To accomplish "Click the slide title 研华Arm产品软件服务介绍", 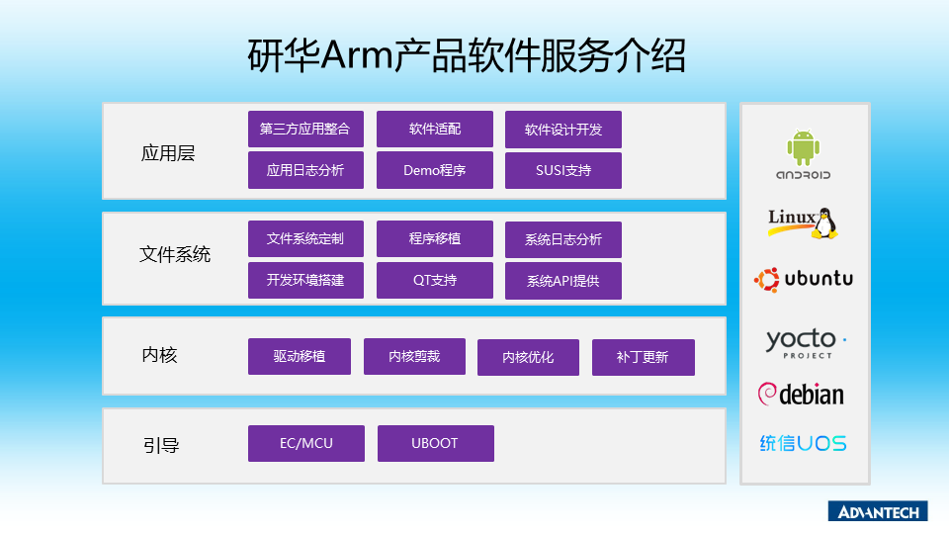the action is click(x=466, y=55).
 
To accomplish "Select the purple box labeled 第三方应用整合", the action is click(x=305, y=129).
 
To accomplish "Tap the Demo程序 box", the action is click(x=435, y=170).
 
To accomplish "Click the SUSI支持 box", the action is click(x=562, y=170).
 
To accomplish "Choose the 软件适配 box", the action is click(x=435, y=129).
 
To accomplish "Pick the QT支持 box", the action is click(x=435, y=280).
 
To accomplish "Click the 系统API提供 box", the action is click(x=562, y=281).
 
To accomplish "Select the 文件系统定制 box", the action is click(x=305, y=238).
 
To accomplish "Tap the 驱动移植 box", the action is click(x=299, y=357).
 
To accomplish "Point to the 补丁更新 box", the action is click(x=643, y=357).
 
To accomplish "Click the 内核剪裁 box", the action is click(x=414, y=357).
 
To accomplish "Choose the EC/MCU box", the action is click(x=306, y=443).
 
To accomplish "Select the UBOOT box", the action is click(x=435, y=443).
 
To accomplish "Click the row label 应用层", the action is click(x=168, y=153).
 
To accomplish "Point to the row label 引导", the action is click(x=161, y=446).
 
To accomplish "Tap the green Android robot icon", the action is click(x=803, y=147).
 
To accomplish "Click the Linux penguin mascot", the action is click(x=824, y=223).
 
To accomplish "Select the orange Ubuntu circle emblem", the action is click(x=766, y=280).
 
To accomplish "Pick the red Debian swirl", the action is click(x=767, y=394).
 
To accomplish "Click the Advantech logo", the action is click(x=878, y=511).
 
